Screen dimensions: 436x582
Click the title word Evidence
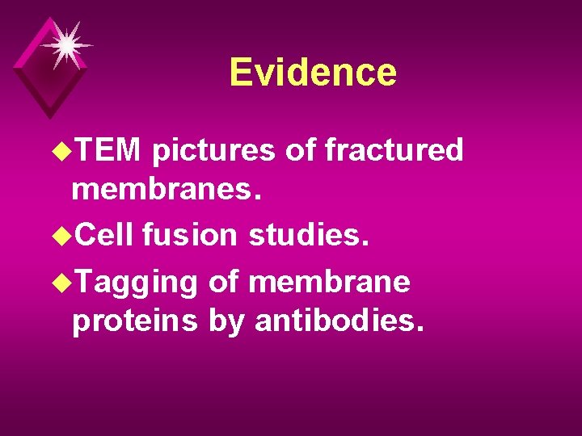(x=313, y=72)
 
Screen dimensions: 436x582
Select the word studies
(x=308, y=234)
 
